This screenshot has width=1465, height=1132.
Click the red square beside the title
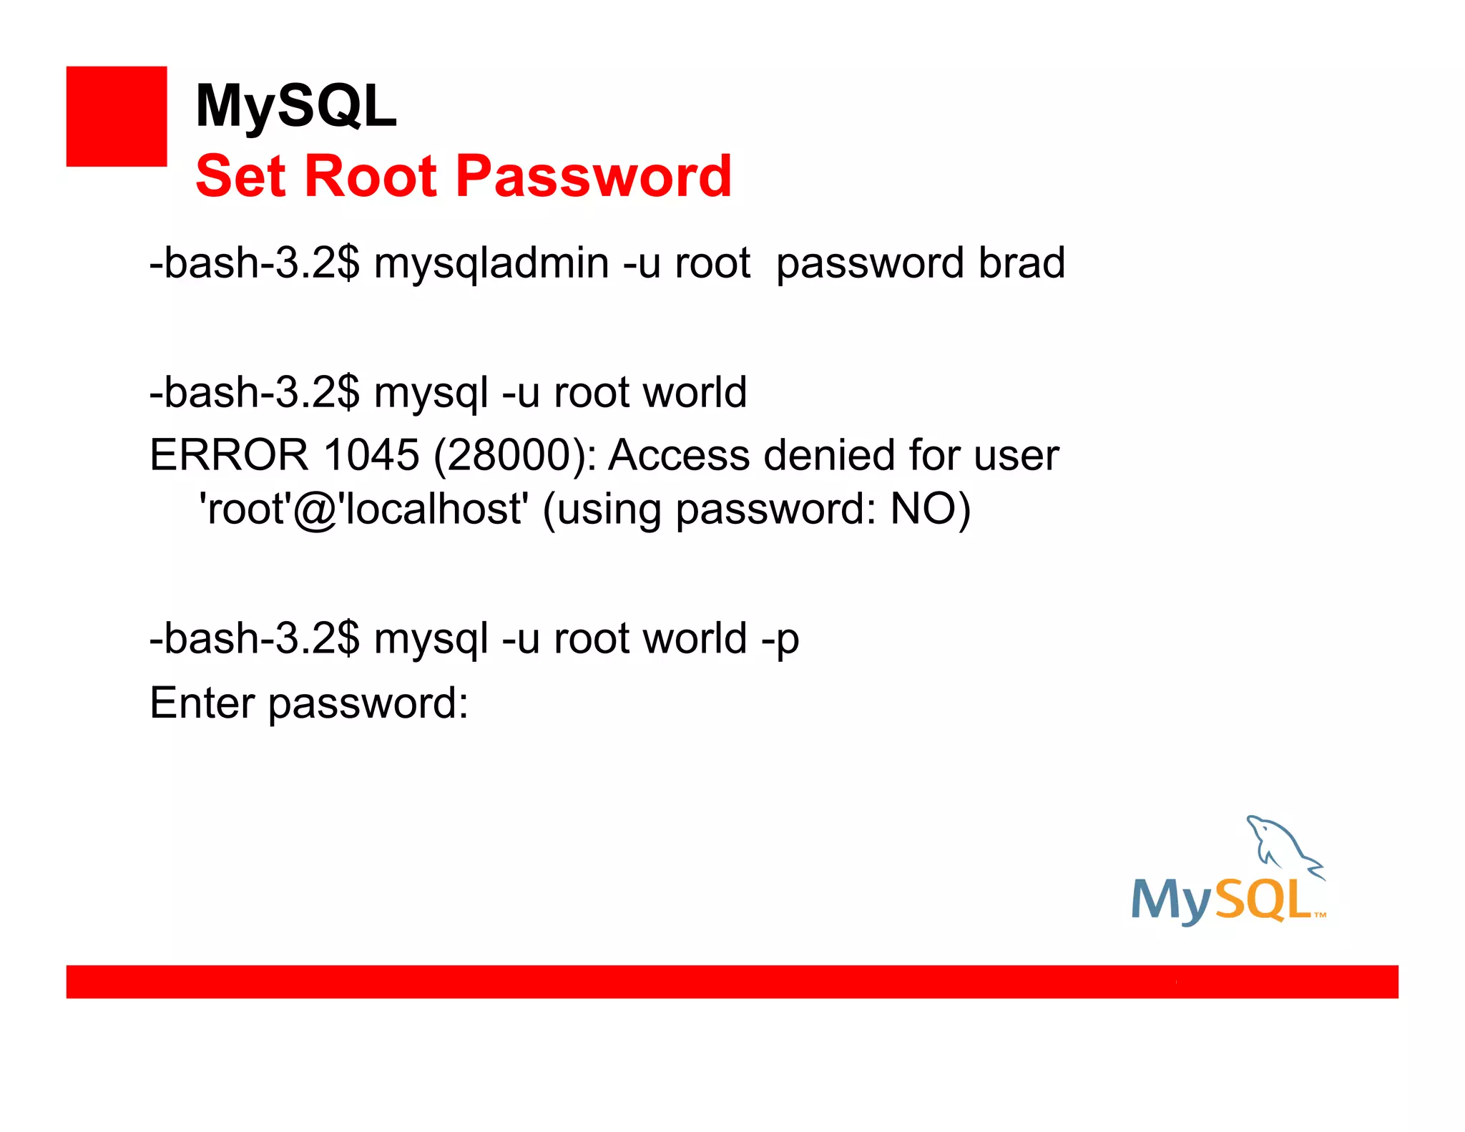(x=116, y=116)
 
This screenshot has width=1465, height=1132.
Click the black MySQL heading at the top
(x=295, y=106)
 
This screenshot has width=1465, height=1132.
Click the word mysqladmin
(x=491, y=263)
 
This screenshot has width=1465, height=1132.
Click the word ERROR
(x=229, y=455)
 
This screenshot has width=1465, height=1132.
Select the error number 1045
(x=371, y=455)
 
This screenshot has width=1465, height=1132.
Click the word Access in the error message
(x=679, y=455)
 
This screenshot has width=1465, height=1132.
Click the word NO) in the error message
(x=930, y=509)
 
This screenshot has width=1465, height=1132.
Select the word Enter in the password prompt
(x=202, y=703)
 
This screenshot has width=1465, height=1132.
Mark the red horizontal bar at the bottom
(x=732, y=981)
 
